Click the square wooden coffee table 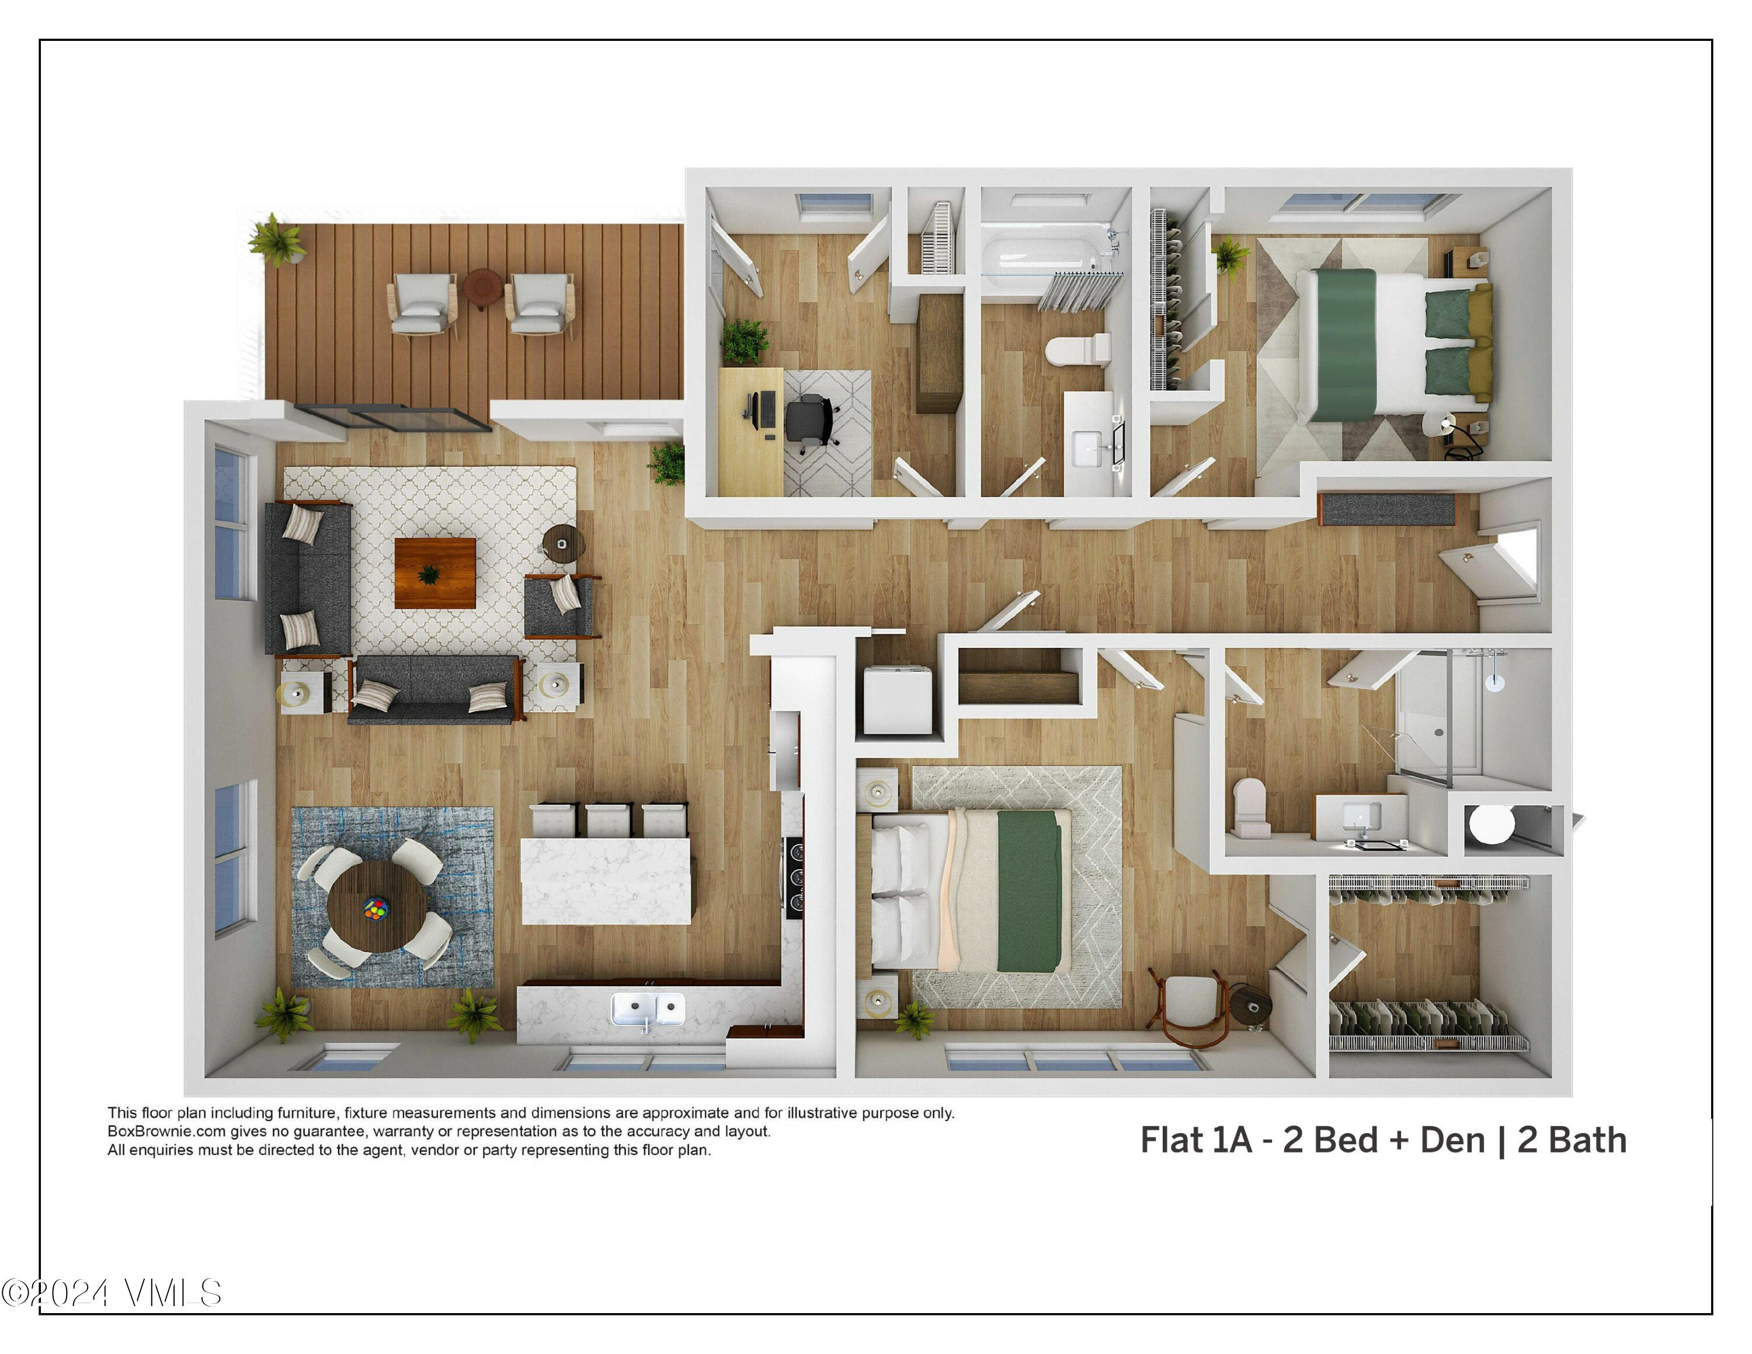tap(435, 572)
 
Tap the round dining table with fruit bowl tap(376, 907)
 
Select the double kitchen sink tap(648, 1008)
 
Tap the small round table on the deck tap(483, 286)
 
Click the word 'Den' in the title tap(1452, 1140)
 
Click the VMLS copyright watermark tap(112, 1292)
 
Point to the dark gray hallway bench tap(1386, 509)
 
